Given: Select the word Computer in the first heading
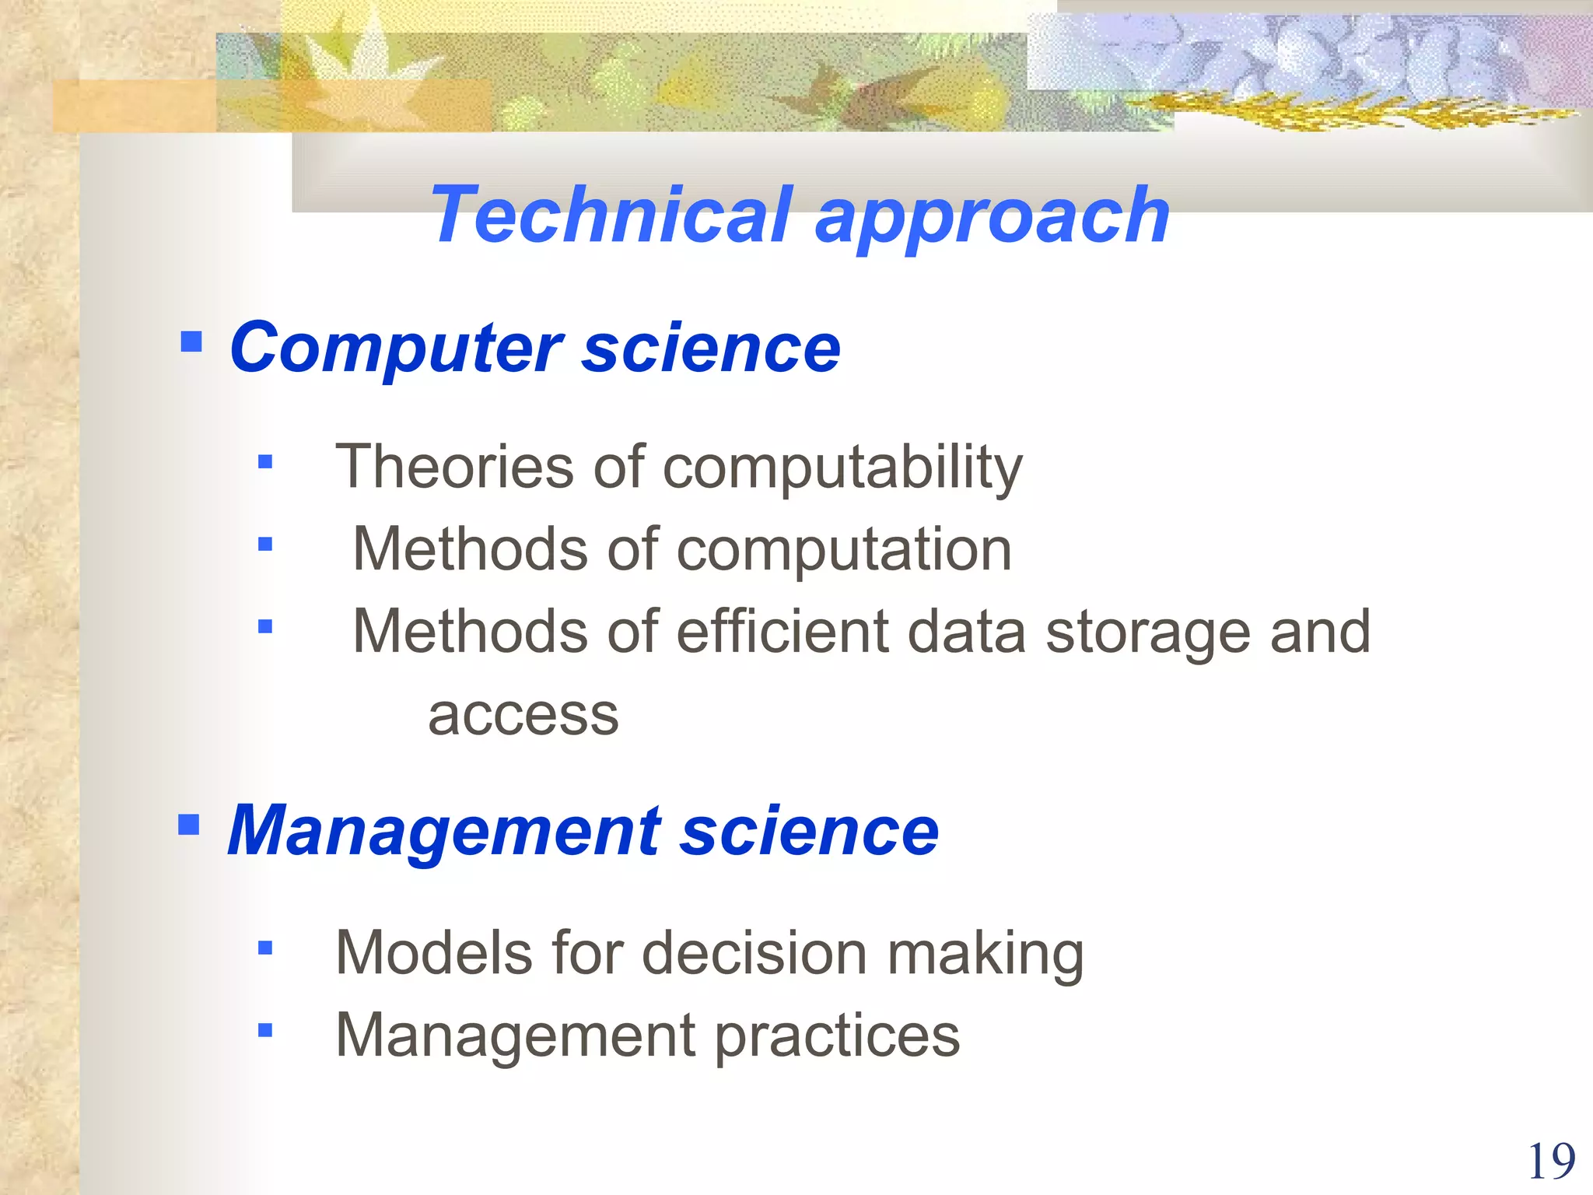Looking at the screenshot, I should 396,349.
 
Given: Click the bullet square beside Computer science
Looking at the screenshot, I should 191,342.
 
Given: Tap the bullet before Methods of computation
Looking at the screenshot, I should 265,544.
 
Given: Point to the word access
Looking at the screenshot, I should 523,715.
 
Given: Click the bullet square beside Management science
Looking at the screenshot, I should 189,824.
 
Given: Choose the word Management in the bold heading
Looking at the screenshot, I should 444,832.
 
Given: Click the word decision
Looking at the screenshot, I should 754,953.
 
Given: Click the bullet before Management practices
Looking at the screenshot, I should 265,1031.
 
